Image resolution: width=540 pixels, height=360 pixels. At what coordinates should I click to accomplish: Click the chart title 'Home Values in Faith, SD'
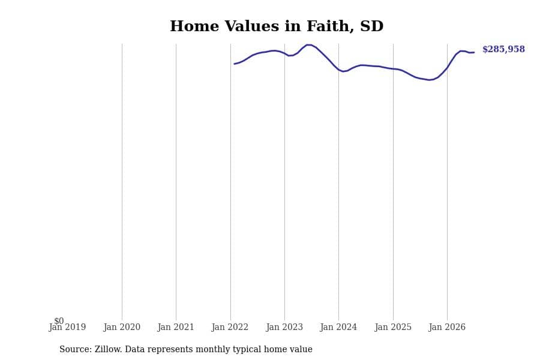tap(277, 26)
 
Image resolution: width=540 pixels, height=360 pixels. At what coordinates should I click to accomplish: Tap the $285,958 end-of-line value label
tap(503, 49)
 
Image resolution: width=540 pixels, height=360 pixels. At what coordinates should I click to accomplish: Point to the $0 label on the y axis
tap(59, 321)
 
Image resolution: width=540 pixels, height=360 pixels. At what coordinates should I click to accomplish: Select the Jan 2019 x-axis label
tap(67, 327)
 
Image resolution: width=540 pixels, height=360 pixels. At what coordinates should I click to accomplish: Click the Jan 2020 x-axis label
tap(122, 327)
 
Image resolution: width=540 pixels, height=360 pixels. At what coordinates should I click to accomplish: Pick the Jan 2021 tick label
tap(176, 327)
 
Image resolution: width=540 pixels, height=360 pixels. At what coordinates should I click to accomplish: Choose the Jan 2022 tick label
tap(230, 327)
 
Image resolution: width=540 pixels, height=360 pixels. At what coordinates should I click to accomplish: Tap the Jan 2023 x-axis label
tap(284, 327)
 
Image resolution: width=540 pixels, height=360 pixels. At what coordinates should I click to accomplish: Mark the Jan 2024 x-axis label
tap(338, 327)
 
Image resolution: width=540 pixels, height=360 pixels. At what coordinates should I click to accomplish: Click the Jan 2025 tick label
tap(393, 327)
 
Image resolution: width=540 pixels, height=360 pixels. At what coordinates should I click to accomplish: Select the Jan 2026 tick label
tap(447, 327)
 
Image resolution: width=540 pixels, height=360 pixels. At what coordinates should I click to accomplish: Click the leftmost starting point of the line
tap(234, 64)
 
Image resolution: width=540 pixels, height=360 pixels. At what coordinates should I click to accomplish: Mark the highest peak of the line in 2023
tap(308, 45)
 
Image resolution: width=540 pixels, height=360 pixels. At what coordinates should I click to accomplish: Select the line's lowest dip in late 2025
tap(430, 80)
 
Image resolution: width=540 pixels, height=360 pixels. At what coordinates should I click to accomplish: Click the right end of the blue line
tap(474, 52)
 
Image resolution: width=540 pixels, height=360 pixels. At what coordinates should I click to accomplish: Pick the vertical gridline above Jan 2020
tap(122, 182)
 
